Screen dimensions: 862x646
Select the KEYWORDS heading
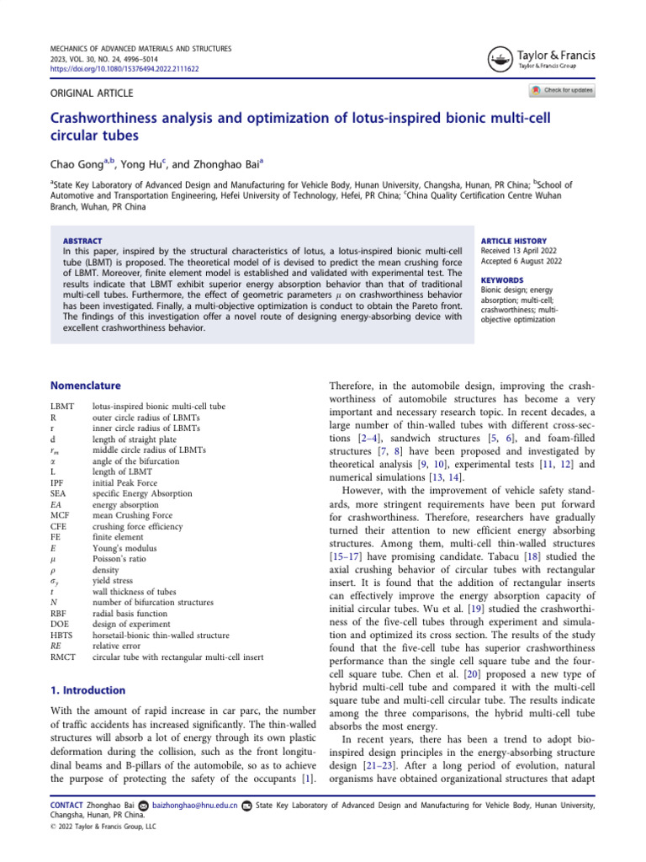pos(501,279)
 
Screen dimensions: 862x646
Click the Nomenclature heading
pos(86,386)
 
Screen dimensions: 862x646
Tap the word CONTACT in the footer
pos(69,806)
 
